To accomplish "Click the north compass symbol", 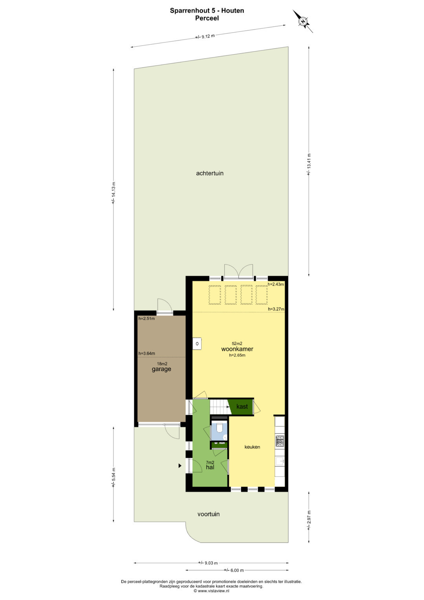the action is [303, 21].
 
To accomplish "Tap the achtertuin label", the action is [210, 173].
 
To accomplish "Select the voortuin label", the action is [208, 514].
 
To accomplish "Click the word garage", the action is [161, 369].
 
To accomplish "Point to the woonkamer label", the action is [237, 349].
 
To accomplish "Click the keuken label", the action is [252, 447].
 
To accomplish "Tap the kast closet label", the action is [242, 406].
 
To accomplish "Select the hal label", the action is [210, 467].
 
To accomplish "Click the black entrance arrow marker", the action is [180, 466].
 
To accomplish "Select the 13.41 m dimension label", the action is [309, 165].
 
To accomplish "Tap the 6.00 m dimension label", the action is [234, 570].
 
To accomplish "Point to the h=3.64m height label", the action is [147, 353].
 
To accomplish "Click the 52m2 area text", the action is [237, 343].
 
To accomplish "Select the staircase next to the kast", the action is [220, 407].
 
